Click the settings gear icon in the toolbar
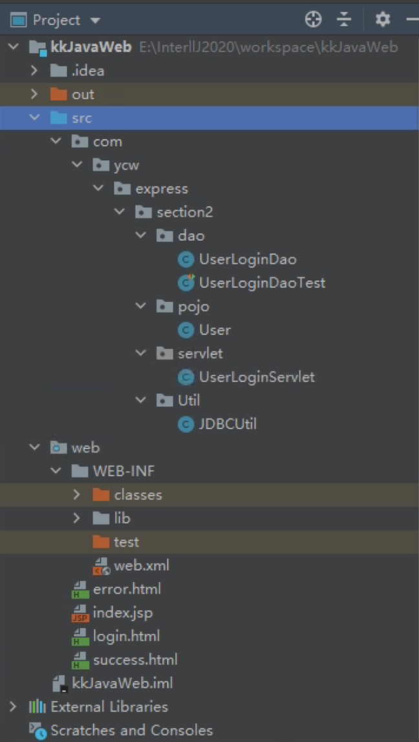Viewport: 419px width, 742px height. pyautogui.click(x=383, y=19)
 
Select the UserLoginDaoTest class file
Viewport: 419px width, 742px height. pyautogui.click(x=262, y=283)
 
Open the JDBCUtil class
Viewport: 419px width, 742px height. pyautogui.click(x=228, y=424)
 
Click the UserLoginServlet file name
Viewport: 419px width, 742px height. pyautogui.click(x=257, y=377)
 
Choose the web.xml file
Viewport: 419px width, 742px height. pyautogui.click(x=141, y=566)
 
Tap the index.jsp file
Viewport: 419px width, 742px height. pyautogui.click(x=122, y=613)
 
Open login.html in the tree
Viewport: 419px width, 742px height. pyautogui.click(x=125, y=636)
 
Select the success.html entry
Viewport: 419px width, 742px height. pyautogui.click(x=134, y=660)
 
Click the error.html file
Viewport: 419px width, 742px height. pyautogui.click(x=127, y=589)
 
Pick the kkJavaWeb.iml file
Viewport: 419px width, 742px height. pyautogui.click(x=122, y=683)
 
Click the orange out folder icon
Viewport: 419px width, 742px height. pyautogui.click(x=59, y=94)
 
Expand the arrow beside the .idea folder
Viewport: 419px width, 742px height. pyautogui.click(x=35, y=70)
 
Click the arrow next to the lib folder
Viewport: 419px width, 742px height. pyautogui.click(x=77, y=518)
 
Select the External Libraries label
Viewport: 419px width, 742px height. pyautogui.click(x=109, y=707)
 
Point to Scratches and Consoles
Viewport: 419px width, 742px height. pyautogui.click(x=131, y=730)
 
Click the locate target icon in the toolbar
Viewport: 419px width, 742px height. pyautogui.click(x=313, y=19)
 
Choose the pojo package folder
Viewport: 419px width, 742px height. pyautogui.click(x=193, y=307)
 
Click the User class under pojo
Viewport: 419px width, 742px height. pyautogui.click(x=215, y=330)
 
